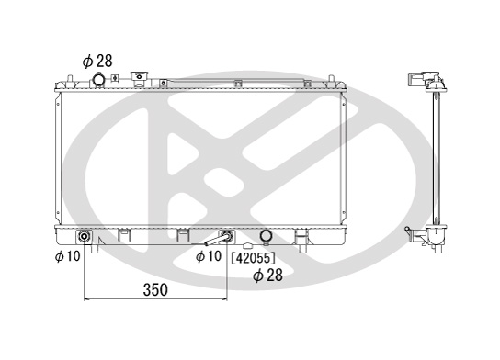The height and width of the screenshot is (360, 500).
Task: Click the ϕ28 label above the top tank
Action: (97, 62)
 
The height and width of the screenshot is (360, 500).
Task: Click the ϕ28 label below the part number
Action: (267, 276)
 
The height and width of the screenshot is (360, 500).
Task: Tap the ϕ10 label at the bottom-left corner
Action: (68, 256)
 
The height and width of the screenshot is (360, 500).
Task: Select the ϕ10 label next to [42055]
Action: (209, 256)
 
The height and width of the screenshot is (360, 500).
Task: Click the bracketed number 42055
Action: (253, 258)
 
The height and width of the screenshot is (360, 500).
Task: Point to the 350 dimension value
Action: (155, 290)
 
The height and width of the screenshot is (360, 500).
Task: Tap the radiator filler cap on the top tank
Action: (139, 78)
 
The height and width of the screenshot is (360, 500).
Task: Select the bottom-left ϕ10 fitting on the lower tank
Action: (85, 236)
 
